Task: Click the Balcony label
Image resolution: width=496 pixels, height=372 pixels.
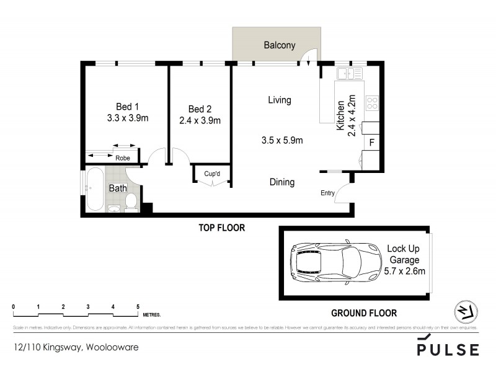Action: (279, 45)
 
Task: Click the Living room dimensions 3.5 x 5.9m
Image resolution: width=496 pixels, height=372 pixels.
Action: (282, 140)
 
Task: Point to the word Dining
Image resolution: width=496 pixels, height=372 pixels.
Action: (281, 182)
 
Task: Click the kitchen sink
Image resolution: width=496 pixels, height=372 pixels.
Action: (350, 74)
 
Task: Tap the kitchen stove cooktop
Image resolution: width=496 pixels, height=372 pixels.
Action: (373, 103)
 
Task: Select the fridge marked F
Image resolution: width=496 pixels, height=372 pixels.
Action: (371, 142)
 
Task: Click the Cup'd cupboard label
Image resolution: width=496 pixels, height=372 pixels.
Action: (212, 174)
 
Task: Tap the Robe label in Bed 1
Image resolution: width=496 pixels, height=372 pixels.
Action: (123, 158)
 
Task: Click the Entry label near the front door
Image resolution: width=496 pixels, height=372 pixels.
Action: (327, 193)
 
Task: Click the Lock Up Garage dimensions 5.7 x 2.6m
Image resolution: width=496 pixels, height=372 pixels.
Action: (404, 272)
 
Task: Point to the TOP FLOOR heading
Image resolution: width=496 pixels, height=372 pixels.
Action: (221, 228)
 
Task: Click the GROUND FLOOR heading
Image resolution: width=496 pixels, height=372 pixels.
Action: (363, 313)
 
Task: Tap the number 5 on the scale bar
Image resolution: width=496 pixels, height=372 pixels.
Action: (138, 307)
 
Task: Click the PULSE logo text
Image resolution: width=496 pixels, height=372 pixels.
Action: (448, 350)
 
